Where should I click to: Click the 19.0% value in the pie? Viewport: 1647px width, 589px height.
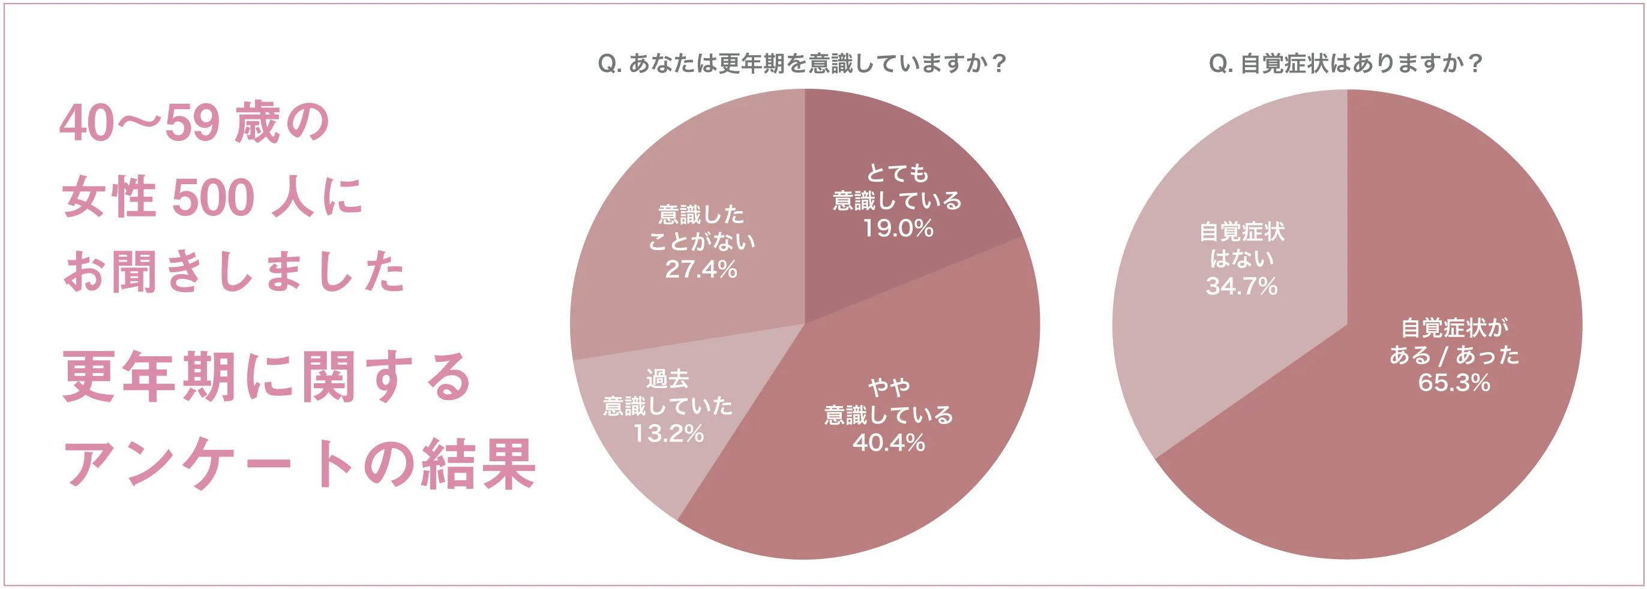pos(898,228)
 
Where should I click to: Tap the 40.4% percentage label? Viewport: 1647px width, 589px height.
pos(889,442)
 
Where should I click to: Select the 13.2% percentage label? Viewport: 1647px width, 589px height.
pos(668,433)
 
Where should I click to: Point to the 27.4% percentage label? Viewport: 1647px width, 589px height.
pos(701,269)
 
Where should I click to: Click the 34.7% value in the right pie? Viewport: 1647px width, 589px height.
pos(1241,286)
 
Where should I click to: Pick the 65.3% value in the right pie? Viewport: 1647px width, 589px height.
pos(1454,382)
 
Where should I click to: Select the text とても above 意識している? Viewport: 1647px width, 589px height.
pos(898,173)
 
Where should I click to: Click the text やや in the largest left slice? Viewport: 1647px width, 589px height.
pos(889,387)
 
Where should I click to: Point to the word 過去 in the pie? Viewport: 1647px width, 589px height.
pos(668,379)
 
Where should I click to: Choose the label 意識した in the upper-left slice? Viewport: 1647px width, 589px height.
pos(701,215)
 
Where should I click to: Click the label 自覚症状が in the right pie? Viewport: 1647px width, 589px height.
pos(1454,327)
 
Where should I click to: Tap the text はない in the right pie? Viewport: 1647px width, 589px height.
pos(1241,259)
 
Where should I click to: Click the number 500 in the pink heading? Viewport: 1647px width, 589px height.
pos(214,197)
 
